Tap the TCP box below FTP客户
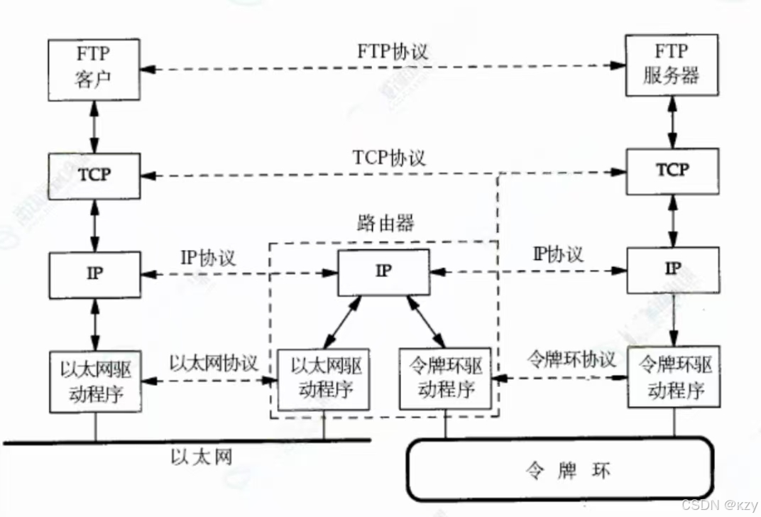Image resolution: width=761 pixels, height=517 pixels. [94, 174]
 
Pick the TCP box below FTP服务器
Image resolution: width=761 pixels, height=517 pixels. [672, 170]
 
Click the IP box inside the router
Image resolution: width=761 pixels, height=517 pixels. [383, 272]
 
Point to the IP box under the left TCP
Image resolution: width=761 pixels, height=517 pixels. [94, 275]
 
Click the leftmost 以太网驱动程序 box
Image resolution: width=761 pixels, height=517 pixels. [94, 381]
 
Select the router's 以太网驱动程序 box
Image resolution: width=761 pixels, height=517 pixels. [323, 379]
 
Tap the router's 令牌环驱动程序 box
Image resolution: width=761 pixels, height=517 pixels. [447, 379]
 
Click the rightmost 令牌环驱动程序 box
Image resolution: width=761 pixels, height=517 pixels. [672, 376]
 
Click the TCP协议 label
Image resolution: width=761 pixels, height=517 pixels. [389, 157]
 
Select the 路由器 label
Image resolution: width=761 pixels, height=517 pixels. [383, 224]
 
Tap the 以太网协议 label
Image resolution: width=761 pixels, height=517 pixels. [214, 361]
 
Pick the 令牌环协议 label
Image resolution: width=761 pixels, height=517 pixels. [571, 359]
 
